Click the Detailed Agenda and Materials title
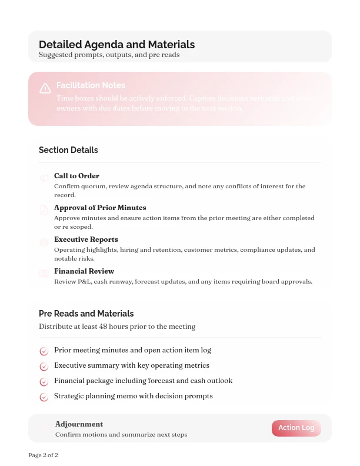[x=116, y=45]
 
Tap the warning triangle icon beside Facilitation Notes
[x=45, y=89]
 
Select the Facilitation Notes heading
[x=91, y=85]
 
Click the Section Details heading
[x=68, y=150]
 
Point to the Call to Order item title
[x=76, y=176]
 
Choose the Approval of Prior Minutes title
[x=100, y=208]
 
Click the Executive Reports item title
[x=86, y=239]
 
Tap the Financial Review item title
[x=84, y=271]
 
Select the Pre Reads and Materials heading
[x=86, y=314]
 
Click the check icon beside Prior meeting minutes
[x=44, y=351]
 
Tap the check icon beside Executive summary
[x=44, y=367]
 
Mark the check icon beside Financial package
[x=44, y=382]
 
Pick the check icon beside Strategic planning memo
[x=44, y=397]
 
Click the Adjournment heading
[x=79, y=424]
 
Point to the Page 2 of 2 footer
[x=43, y=455]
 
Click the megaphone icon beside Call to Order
[x=44, y=178]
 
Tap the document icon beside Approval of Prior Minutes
[x=44, y=210]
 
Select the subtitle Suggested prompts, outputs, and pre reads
[x=109, y=55]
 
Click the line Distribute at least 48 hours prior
[x=117, y=327]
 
